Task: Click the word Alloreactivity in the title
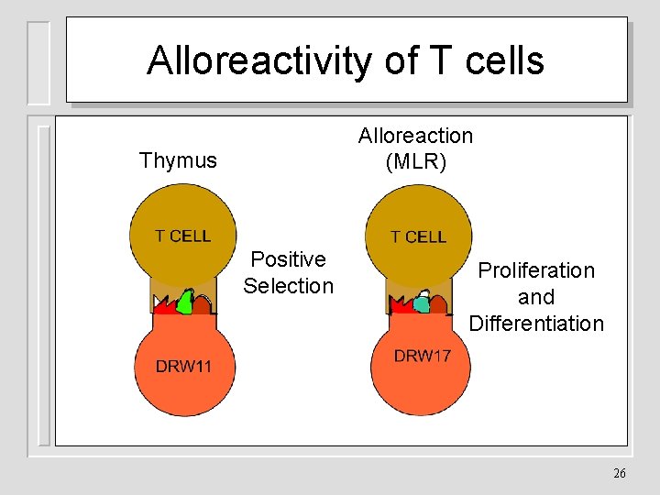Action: click(x=259, y=61)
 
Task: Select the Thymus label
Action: click(x=178, y=160)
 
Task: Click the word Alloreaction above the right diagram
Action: click(x=415, y=136)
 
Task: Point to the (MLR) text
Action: click(x=415, y=161)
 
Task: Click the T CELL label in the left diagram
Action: click(x=182, y=236)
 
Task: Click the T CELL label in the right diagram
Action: click(x=418, y=236)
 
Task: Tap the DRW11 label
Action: click(x=183, y=367)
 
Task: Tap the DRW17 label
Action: click(x=423, y=356)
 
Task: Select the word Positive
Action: click(x=288, y=259)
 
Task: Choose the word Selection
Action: click(x=288, y=286)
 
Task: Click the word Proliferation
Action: click(x=536, y=270)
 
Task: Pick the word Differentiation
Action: click(x=536, y=324)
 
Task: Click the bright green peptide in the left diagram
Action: click(x=186, y=302)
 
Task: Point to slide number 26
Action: click(x=619, y=474)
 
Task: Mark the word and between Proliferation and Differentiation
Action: click(x=536, y=297)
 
